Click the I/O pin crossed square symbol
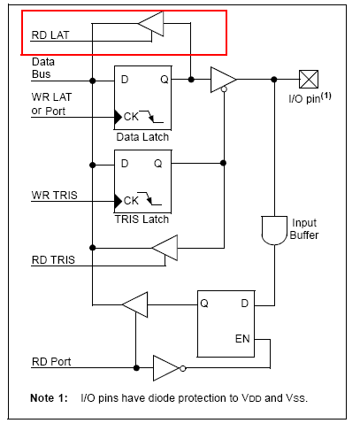coord(309,79)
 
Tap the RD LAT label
coord(50,35)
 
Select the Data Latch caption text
coord(142,137)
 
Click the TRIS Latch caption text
coord(142,219)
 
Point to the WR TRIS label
coord(54,196)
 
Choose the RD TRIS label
coord(53,260)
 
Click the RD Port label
coord(51,362)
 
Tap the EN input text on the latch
coord(242,339)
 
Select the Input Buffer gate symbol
coord(274,231)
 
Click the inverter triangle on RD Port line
coord(165,368)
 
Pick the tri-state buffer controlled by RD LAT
coord(151,24)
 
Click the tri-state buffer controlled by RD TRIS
coord(165,248)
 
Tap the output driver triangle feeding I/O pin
coord(223,80)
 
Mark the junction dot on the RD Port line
coord(136,368)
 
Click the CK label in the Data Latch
coord(131,117)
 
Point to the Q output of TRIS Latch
coord(158,164)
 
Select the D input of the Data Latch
coord(125,80)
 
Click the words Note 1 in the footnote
coord(49,398)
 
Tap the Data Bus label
coord(43,68)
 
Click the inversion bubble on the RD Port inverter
coord(183,368)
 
